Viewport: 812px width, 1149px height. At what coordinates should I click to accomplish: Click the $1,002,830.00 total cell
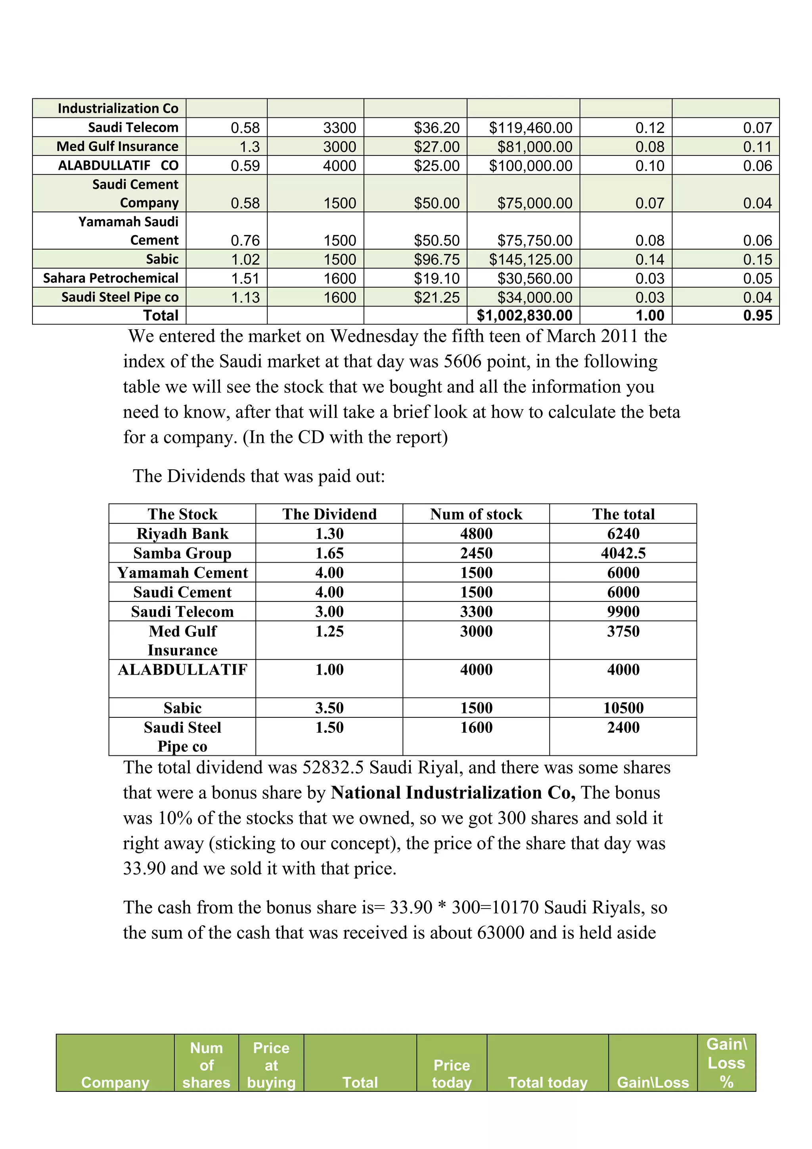[x=524, y=315]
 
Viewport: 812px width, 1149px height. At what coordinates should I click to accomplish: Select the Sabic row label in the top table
[x=162, y=259]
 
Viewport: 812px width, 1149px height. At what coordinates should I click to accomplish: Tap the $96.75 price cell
[x=436, y=259]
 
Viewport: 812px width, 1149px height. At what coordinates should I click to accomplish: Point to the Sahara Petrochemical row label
[x=111, y=278]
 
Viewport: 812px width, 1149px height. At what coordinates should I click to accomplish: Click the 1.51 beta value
[x=245, y=278]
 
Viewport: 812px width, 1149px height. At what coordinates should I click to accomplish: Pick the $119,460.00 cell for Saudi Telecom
[x=530, y=128]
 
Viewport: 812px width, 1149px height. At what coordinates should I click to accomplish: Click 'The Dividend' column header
[x=329, y=514]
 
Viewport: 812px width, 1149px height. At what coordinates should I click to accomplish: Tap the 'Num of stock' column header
[x=476, y=514]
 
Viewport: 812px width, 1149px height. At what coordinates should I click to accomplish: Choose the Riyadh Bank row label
[x=182, y=534]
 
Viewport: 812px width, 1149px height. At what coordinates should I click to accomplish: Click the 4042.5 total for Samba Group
[x=623, y=553]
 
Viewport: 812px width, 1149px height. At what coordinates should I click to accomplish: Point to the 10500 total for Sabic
[x=623, y=708]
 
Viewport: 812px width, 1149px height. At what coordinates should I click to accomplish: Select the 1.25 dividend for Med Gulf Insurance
[x=329, y=631]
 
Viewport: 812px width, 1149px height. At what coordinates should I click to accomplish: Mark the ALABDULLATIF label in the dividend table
[x=182, y=670]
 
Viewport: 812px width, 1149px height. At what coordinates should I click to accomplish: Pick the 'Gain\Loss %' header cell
[x=726, y=1063]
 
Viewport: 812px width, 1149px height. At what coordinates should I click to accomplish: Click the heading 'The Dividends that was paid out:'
[x=259, y=476]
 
